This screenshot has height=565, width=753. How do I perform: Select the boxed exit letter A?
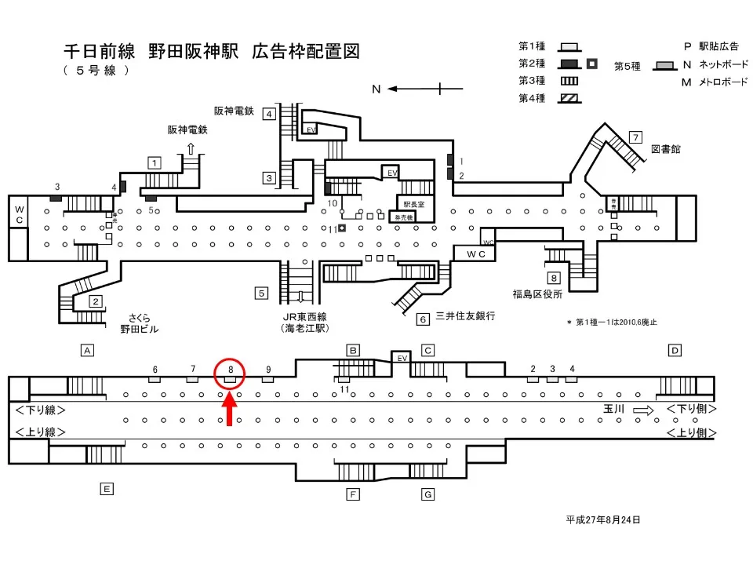88,351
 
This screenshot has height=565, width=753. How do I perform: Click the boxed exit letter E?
107,489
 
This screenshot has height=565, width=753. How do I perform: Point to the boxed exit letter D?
675,350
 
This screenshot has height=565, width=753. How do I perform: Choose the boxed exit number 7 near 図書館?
636,137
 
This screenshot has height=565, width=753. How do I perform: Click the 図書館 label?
666,149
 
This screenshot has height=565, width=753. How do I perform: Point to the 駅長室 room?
414,203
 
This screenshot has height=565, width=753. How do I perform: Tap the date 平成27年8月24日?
603,519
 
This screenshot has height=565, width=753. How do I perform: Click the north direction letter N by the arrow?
376,89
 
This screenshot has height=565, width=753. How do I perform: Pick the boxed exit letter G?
427,494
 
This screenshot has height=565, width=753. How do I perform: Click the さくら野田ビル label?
139,323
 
